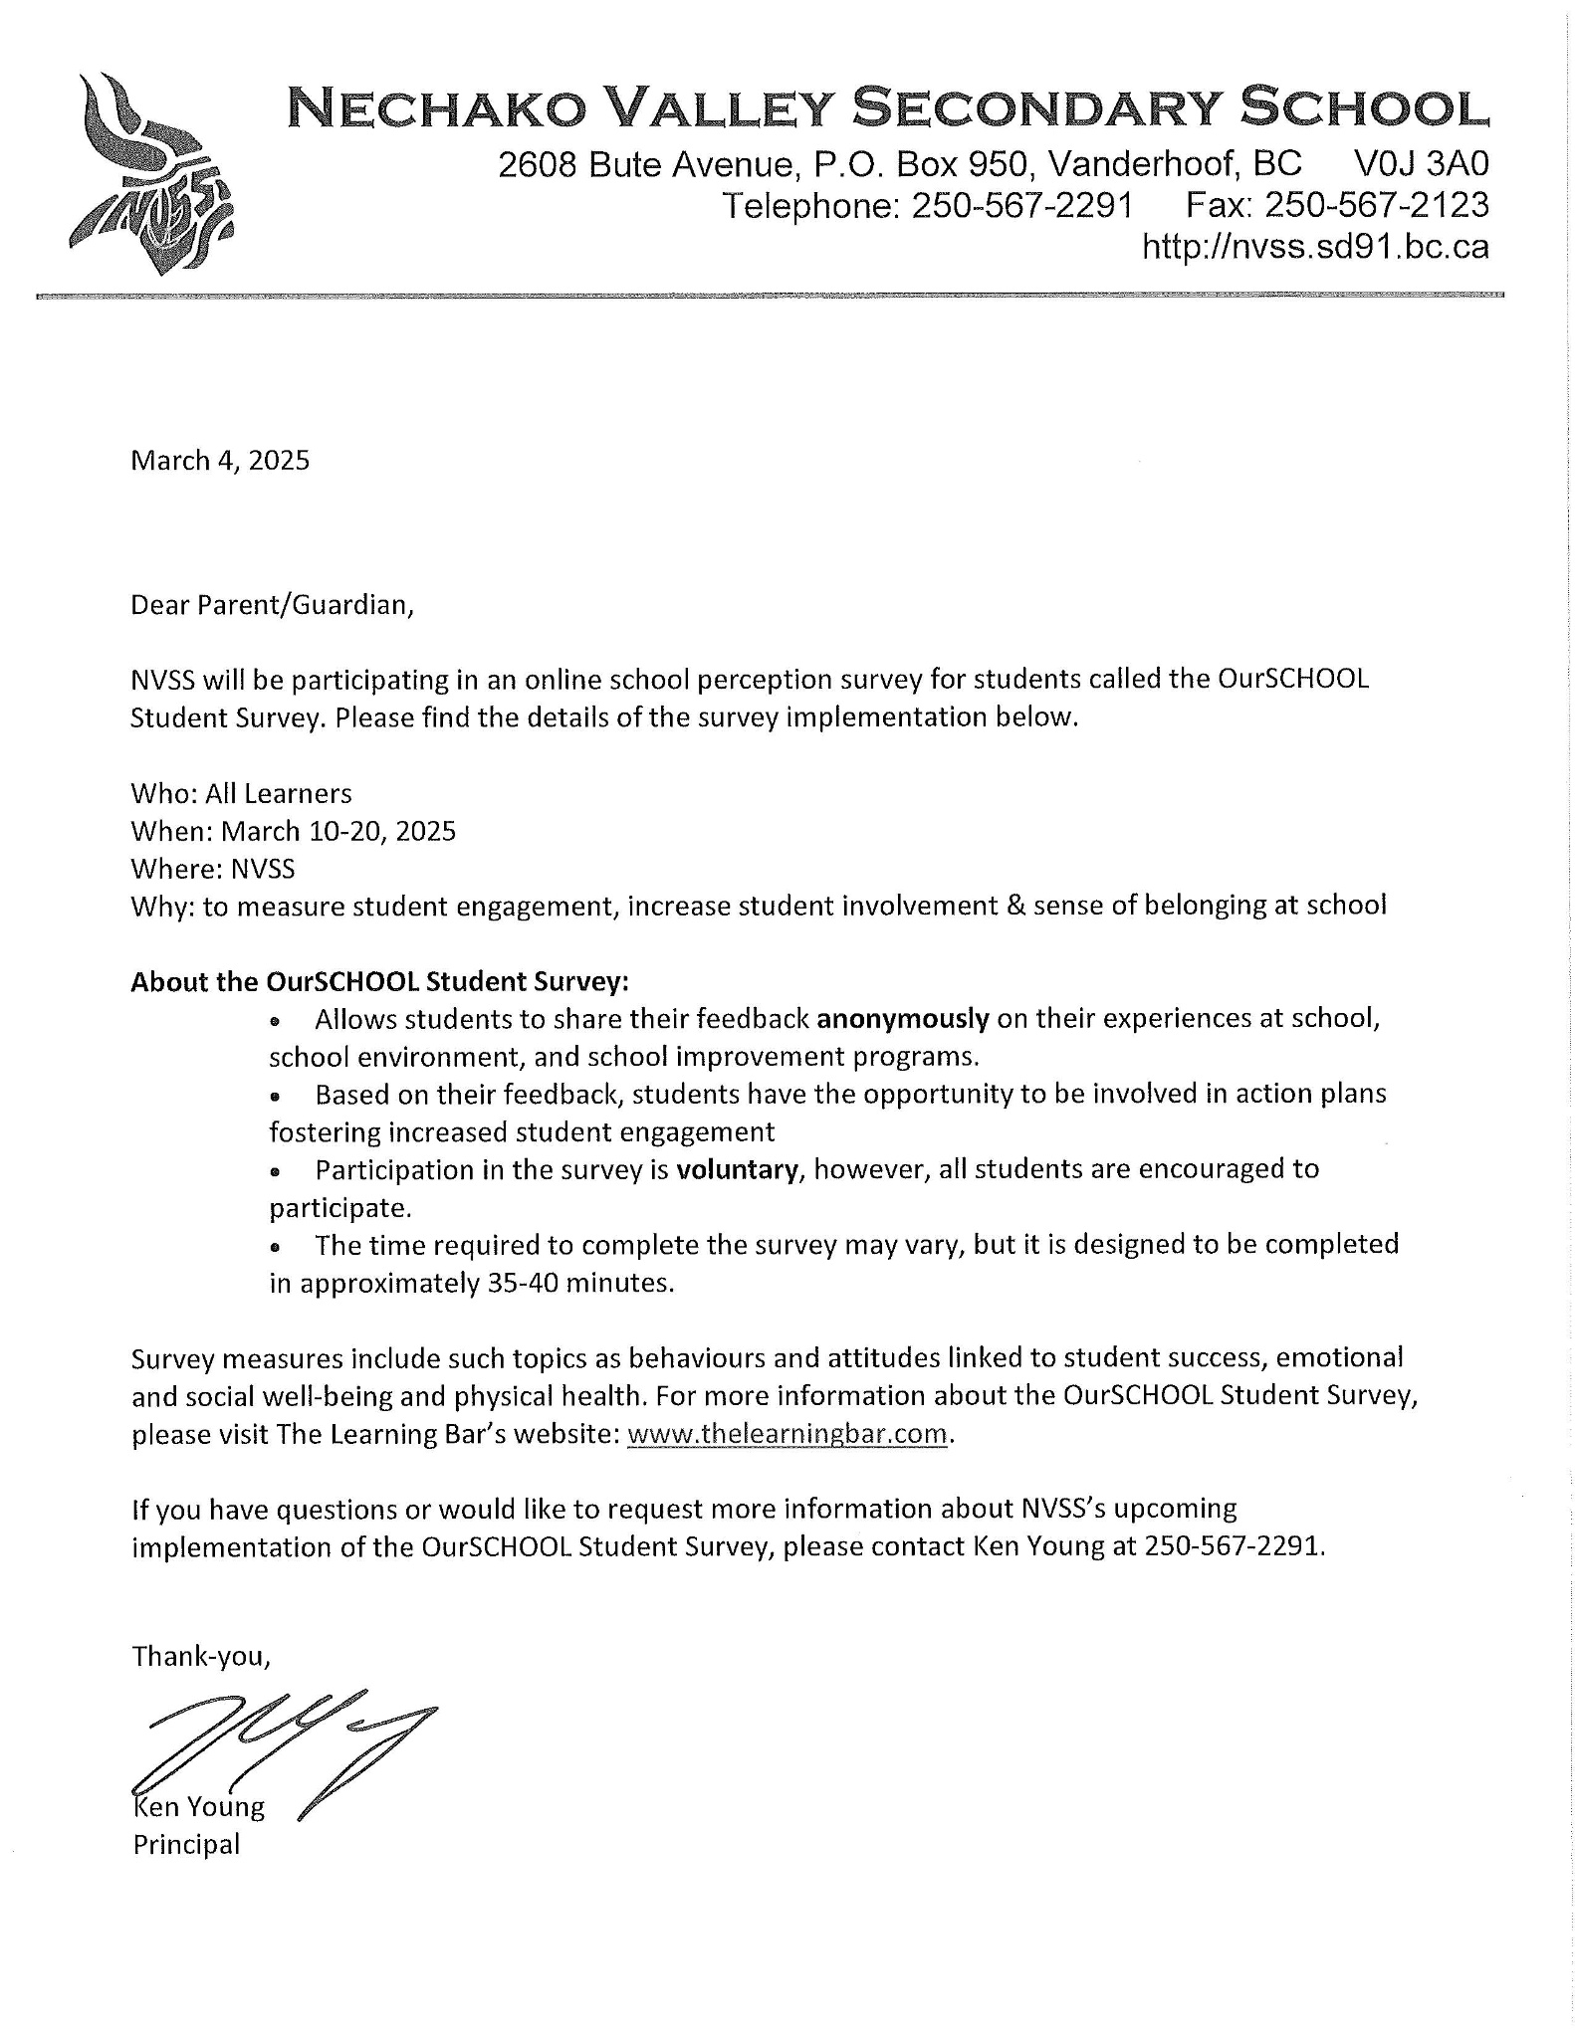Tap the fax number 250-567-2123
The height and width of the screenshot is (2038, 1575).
point(1376,206)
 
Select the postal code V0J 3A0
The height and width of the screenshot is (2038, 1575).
point(1422,164)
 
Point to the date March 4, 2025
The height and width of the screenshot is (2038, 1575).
point(220,460)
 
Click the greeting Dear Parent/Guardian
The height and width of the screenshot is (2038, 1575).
point(271,605)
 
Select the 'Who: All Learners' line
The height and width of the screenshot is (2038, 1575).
point(241,793)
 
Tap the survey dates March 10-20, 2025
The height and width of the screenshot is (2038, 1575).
point(338,831)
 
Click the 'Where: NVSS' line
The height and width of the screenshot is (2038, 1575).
point(213,869)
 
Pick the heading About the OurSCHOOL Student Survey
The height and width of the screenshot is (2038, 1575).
point(379,982)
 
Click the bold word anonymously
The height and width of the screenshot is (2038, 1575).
point(902,1019)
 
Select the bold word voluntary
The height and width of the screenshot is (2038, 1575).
point(737,1169)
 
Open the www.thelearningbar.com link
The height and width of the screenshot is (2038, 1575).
point(787,1434)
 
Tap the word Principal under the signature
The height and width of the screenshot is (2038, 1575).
point(186,1845)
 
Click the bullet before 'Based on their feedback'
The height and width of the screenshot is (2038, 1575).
point(277,1097)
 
